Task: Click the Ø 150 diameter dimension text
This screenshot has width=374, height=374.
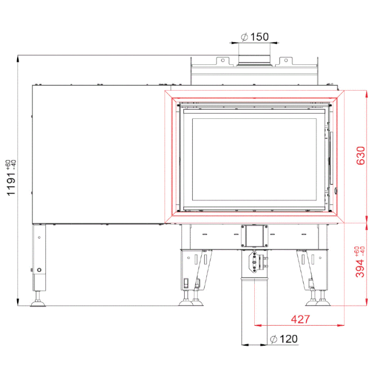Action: pyautogui.click(x=255, y=37)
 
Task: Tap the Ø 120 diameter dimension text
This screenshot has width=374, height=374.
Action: pyautogui.click(x=284, y=339)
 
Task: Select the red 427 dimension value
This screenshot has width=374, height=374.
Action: pyautogui.click(x=300, y=319)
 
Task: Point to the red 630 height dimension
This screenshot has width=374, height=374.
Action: pyautogui.click(x=360, y=155)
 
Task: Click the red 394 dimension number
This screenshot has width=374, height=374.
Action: pyautogui.click(x=360, y=269)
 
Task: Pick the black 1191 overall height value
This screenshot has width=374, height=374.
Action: pyautogui.click(x=11, y=184)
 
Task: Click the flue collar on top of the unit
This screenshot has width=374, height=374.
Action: pyautogui.click(x=254, y=60)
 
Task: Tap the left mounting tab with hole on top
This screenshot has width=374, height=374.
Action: pyautogui.click(x=223, y=60)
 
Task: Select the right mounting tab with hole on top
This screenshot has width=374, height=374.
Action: pyautogui.click(x=285, y=60)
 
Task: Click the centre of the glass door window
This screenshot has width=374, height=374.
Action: pyautogui.click(x=254, y=159)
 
